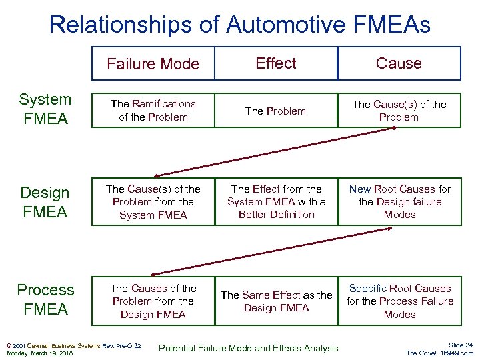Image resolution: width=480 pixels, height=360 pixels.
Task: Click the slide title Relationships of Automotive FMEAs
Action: [239, 25]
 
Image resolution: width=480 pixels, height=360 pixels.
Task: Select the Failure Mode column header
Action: [153, 64]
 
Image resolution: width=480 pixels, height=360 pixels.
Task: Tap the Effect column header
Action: [276, 63]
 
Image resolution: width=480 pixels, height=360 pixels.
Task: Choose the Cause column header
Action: [399, 63]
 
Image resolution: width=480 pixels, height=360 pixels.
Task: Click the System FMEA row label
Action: [45, 109]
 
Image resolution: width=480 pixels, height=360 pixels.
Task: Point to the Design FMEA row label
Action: [45, 202]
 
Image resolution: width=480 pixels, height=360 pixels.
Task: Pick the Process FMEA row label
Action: [45, 299]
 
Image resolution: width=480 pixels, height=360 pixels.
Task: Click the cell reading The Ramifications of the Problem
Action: [153, 110]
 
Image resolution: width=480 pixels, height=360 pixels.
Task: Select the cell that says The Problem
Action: [275, 111]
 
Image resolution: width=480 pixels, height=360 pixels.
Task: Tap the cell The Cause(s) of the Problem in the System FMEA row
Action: [399, 110]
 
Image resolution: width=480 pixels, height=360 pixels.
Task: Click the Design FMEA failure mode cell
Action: [153, 202]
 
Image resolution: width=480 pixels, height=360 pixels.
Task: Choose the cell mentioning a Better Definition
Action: [276, 202]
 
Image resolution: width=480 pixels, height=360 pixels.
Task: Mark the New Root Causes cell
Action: [399, 202]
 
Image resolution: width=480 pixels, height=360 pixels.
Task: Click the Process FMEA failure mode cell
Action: [153, 301]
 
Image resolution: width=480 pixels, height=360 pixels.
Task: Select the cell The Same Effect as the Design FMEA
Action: [276, 301]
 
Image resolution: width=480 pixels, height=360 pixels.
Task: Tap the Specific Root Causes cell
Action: [399, 301]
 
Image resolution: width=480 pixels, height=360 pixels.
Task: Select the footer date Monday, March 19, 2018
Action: [39, 353]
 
